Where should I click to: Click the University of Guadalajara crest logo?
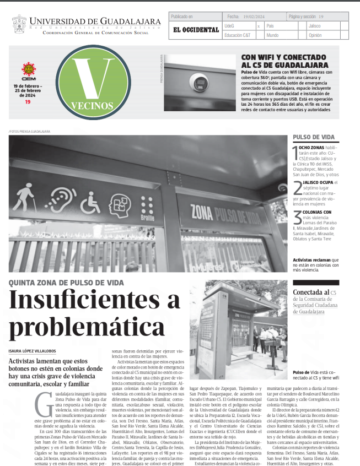(19, 24)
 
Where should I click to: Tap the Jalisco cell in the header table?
(315, 26)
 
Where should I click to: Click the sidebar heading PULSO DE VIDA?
(313, 137)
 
